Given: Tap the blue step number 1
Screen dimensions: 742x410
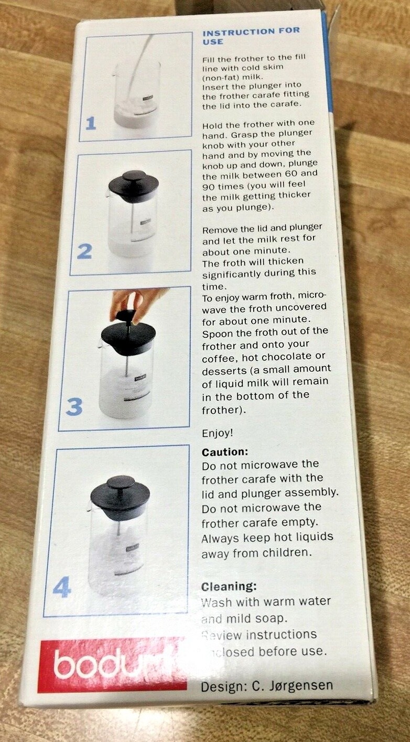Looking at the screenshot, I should [91, 124].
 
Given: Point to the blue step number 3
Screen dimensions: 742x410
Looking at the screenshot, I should [74, 406].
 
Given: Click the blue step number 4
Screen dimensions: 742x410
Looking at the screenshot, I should [61, 587].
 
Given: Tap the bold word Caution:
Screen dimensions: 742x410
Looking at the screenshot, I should [225, 452].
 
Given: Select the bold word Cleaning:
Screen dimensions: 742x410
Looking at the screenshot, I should [229, 587].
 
